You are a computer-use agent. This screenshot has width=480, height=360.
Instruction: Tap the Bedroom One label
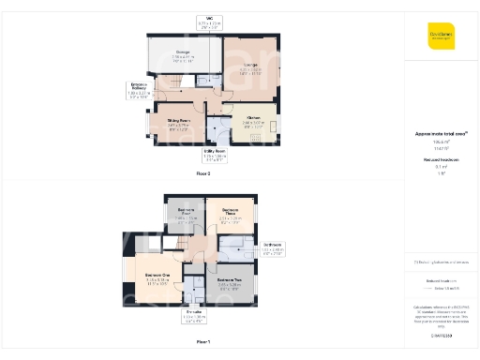[157, 278]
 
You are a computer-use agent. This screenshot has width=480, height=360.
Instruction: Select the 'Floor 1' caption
[203, 341]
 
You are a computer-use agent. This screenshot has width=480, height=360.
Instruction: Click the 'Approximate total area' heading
[441, 135]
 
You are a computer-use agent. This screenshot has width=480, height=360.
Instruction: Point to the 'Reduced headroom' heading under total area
[441, 158]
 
